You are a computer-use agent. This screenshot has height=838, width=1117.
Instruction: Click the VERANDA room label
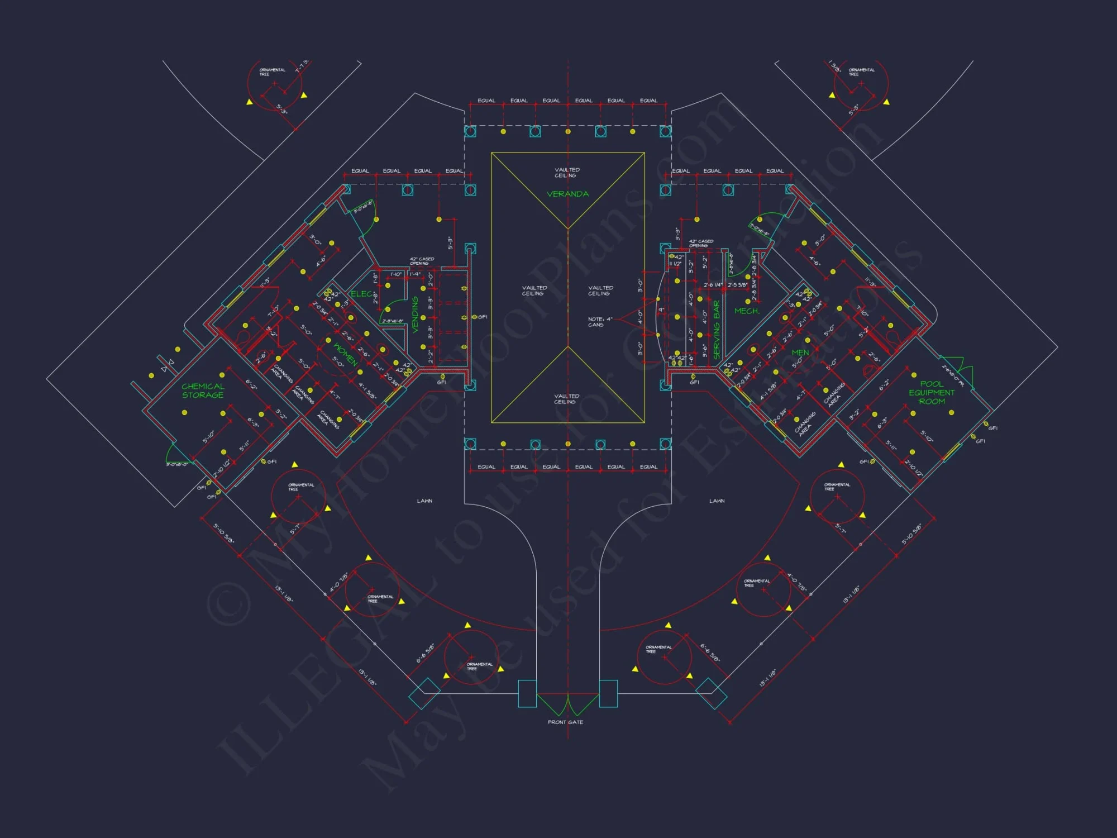(x=567, y=194)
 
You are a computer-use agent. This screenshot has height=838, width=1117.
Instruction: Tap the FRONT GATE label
(x=565, y=722)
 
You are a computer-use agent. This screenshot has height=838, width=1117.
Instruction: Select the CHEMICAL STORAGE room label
(x=203, y=391)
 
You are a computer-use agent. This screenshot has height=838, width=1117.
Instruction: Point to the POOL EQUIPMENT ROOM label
(x=932, y=393)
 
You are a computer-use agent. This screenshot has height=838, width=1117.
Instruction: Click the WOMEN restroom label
(x=345, y=354)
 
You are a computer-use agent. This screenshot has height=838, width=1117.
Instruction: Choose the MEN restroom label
(x=800, y=353)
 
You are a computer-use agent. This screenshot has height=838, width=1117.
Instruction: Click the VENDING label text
(x=415, y=315)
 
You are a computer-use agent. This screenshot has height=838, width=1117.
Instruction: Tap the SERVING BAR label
(x=717, y=330)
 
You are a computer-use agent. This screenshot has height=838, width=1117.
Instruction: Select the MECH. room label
(x=747, y=311)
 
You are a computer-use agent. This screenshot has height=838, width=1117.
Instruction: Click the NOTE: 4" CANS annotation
(x=600, y=322)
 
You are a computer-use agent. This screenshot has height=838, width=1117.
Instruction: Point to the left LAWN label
(x=424, y=501)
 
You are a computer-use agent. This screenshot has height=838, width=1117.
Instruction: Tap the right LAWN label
(x=717, y=501)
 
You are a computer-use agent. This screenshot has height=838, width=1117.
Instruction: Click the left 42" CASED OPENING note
(x=422, y=261)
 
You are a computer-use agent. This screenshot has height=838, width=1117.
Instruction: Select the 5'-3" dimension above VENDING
(x=450, y=242)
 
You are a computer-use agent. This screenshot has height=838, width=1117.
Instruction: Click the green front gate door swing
(x=567, y=705)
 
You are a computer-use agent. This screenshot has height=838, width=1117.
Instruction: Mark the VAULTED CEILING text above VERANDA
(x=567, y=173)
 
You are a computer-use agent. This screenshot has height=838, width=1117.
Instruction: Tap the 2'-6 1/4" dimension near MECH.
(x=713, y=285)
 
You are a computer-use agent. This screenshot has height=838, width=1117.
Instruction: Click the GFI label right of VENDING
(x=483, y=317)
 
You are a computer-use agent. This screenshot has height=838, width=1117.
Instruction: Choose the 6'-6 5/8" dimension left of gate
(x=425, y=654)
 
